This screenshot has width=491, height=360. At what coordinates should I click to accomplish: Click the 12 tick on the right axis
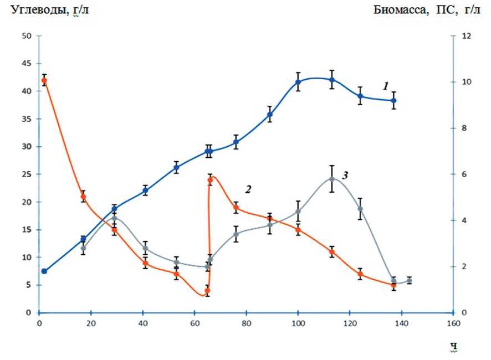(467, 36)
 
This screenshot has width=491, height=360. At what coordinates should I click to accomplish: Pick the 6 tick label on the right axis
(466, 174)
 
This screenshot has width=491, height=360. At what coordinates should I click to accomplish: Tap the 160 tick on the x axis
(453, 323)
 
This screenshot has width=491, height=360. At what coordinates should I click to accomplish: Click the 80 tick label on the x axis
(246, 323)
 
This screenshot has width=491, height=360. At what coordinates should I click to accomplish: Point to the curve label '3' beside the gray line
(344, 176)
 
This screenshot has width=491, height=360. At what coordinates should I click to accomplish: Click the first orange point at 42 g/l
(44, 80)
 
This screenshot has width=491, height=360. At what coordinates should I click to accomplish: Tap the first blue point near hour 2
(44, 271)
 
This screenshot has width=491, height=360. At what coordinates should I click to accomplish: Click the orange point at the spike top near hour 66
(211, 180)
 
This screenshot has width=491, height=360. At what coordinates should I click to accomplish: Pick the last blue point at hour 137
(394, 101)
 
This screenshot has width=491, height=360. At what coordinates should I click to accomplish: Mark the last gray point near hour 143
(410, 281)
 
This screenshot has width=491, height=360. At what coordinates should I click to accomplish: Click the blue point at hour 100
(298, 82)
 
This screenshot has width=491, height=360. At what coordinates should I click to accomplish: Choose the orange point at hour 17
(83, 197)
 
